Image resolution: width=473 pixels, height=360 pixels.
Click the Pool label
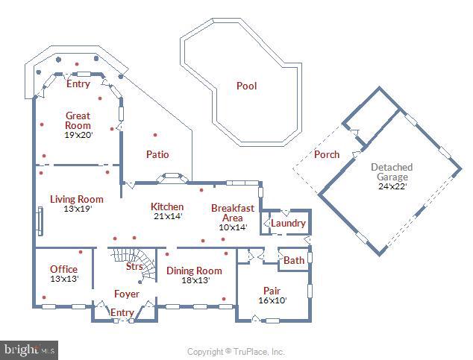point(246,86)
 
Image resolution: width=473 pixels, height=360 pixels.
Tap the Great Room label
point(78,121)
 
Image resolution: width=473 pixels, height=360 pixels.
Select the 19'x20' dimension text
point(78,136)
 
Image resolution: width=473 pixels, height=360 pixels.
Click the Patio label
point(157,154)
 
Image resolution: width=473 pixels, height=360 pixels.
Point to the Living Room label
point(76,199)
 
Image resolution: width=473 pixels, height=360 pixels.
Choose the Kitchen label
point(166,206)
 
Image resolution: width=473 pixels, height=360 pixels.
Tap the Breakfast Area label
point(232,212)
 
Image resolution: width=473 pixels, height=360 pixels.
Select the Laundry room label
point(288,223)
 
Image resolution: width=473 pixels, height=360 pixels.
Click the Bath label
point(294,260)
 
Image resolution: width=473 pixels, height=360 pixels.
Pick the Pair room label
point(272,290)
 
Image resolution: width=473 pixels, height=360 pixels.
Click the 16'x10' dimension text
point(272,300)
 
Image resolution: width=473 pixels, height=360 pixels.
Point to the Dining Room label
point(194,271)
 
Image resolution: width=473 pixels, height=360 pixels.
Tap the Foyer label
point(126,294)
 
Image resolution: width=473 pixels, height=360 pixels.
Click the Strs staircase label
point(134,266)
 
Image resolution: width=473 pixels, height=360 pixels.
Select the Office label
point(63,269)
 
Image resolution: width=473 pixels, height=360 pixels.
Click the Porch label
point(326,154)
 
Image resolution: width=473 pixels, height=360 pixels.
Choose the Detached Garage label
point(392,172)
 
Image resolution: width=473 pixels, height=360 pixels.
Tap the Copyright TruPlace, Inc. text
point(235,351)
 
